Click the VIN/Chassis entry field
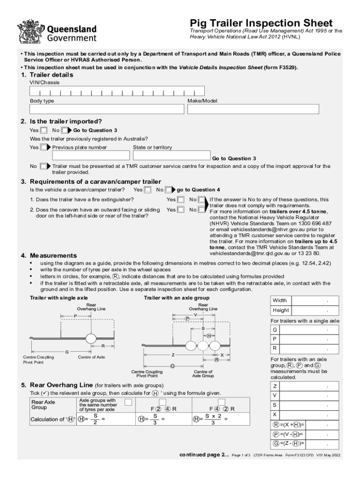pos(117,91)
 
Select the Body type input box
pos(106,109)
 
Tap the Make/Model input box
pos(253,109)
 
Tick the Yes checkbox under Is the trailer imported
pos(43,131)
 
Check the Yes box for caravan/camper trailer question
pos(148,190)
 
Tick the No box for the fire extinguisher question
pos(202,200)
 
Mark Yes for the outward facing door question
pos(181,210)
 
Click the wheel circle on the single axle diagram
pos(91,338)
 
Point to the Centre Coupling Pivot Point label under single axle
pos(38,360)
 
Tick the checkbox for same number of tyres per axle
pos(128,402)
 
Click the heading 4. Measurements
pos(49,256)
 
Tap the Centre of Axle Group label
pos(203,373)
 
